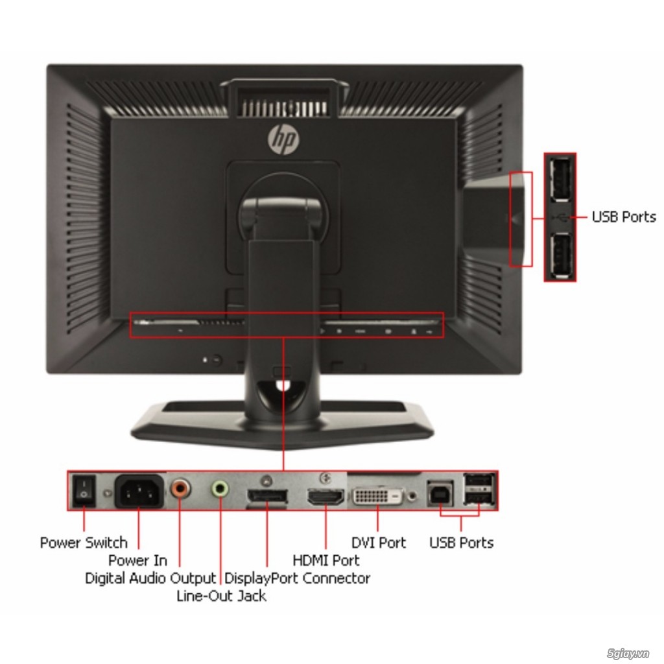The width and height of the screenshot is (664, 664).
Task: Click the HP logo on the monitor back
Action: click(283, 138)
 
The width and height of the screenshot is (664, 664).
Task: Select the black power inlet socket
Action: click(139, 491)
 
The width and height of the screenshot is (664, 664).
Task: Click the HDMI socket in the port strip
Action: click(326, 498)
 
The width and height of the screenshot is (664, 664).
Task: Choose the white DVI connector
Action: click(378, 497)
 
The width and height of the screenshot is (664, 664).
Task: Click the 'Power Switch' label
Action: click(84, 543)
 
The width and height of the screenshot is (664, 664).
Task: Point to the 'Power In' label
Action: click(137, 560)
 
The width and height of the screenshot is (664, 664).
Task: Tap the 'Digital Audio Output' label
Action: click(150, 578)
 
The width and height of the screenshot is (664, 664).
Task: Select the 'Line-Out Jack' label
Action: click(221, 596)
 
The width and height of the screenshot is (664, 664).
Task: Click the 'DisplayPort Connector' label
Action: click(297, 578)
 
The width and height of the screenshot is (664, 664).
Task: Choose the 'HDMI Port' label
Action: click(326, 560)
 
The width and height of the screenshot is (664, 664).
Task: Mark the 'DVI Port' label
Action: click(378, 543)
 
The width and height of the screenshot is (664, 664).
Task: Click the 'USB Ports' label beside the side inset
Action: click(623, 217)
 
